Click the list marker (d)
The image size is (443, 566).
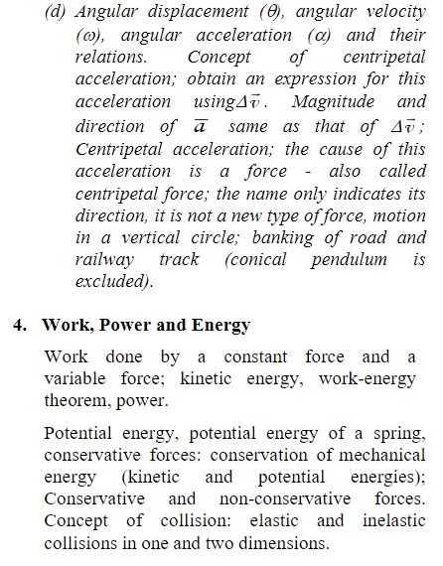click(x=57, y=13)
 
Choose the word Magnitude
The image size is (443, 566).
click(x=347, y=101)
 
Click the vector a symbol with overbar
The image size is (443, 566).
click(x=198, y=125)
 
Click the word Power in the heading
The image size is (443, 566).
click(x=122, y=326)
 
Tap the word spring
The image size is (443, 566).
click(x=399, y=433)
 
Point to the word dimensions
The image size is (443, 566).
click(x=282, y=543)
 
